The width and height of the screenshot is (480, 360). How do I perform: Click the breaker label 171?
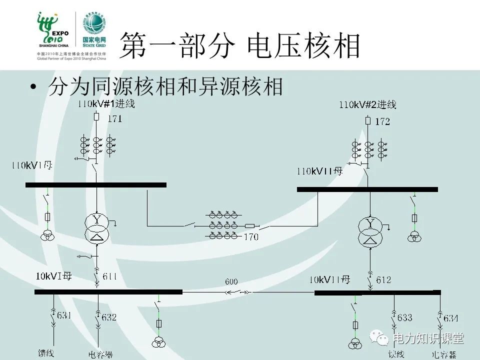click(114, 118)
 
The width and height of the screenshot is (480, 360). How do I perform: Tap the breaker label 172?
click(382, 121)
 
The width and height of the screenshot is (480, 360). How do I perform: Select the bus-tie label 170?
click(251, 236)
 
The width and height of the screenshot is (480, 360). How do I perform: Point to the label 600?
click(231, 281)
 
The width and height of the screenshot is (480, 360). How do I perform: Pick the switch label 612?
click(383, 279)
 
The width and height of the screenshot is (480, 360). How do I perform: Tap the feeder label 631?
click(64, 315)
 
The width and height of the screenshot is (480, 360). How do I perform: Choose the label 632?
click(108, 317)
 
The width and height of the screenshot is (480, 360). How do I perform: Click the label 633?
click(404, 317)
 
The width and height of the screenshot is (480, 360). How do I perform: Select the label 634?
click(450, 318)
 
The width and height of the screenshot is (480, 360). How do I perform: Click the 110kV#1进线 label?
click(106, 104)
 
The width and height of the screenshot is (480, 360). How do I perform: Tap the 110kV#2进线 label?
click(367, 104)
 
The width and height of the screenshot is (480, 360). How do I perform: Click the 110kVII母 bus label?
click(320, 171)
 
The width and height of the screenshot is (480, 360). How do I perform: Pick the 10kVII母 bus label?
click(329, 279)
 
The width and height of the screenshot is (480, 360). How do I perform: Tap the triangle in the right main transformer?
click(370, 241)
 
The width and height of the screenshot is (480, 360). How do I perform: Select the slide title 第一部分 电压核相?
click(240, 46)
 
